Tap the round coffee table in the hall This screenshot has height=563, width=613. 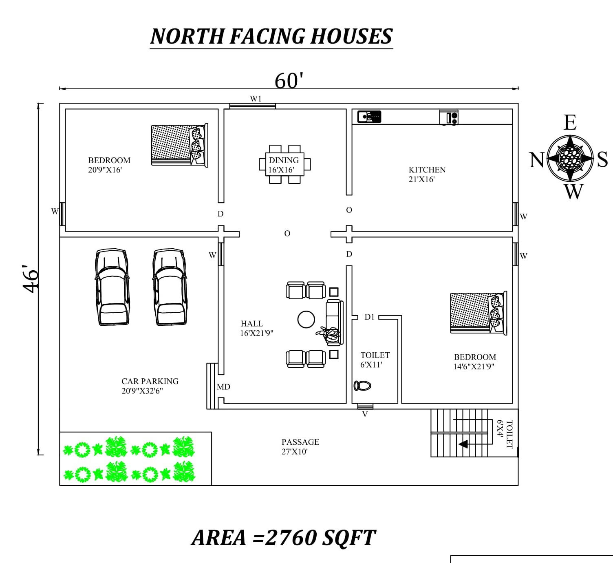pyautogui.click(x=306, y=320)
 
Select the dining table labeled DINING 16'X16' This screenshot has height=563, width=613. pyautogui.click(x=284, y=165)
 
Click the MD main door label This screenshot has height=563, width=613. pyautogui.click(x=223, y=387)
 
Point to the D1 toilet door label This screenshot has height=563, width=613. pyautogui.click(x=369, y=317)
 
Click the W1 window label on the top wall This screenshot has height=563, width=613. pyautogui.click(x=256, y=99)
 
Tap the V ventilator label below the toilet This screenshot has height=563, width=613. pyautogui.click(x=365, y=414)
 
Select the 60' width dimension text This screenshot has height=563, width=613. pyautogui.click(x=289, y=81)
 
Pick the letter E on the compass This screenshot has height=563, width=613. pyautogui.click(x=570, y=122)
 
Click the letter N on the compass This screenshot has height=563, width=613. pyautogui.click(x=537, y=160)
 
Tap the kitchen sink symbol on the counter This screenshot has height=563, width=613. pyautogui.click(x=369, y=117)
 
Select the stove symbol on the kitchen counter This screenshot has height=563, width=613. pyautogui.click(x=449, y=117)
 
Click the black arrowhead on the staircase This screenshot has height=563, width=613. pyautogui.click(x=463, y=444)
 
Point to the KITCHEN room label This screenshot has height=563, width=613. pyautogui.click(x=427, y=170)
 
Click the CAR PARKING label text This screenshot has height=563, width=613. pyautogui.click(x=150, y=381)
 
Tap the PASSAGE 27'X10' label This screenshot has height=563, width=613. pyautogui.click(x=300, y=446)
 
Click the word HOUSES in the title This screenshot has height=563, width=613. pyautogui.click(x=351, y=36)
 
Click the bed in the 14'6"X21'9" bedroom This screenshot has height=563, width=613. pyautogui.click(x=478, y=312)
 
